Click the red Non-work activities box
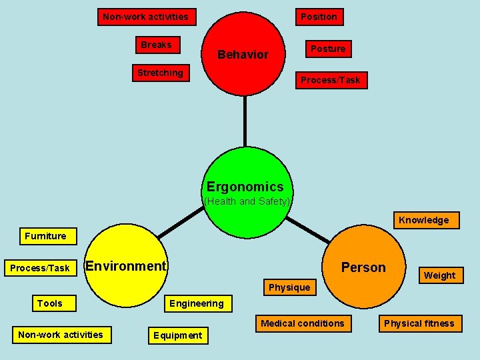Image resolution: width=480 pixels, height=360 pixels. tap(145, 17)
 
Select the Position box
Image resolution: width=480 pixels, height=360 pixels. tap(319, 17)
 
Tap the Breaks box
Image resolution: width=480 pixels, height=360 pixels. tap(156, 45)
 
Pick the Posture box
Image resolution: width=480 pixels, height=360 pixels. tap(328, 49)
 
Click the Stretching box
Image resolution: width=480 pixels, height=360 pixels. tap(160, 73)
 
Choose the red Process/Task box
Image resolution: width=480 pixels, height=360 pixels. tap(330, 80)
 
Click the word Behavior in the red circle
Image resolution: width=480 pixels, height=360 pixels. tap(243, 55)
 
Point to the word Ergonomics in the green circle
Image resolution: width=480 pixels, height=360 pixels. tap(245, 187)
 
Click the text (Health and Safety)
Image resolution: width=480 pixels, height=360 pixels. tap(247, 201)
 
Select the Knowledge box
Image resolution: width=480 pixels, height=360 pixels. tap(423, 220)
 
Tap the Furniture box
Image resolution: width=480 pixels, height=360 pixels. tap(45, 236)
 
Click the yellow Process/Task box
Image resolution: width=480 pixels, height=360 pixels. tap(39, 268)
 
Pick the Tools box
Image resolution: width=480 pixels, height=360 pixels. tap(50, 303)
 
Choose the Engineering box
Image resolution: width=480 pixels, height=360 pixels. tap(197, 303)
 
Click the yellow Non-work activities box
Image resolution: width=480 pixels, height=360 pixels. tap(61, 335)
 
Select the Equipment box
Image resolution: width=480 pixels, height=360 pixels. tap(177, 335)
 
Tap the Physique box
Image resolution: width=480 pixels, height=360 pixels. tap(289, 287)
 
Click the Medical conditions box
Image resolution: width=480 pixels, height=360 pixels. tap(303, 323)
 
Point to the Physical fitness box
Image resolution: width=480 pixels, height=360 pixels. tap(419, 323)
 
